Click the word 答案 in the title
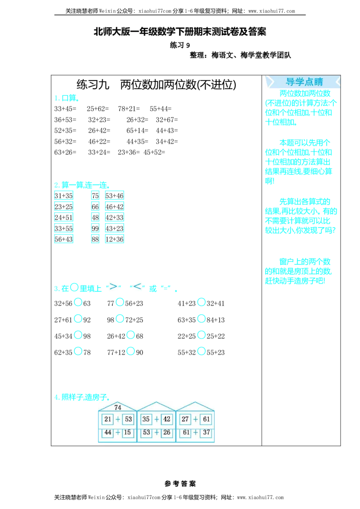[257, 32]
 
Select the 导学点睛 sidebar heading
[304, 82]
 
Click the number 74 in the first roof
[117, 407]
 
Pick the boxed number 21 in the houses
[108, 419]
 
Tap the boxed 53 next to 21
[128, 419]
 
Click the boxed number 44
[108, 432]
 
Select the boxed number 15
[128, 432]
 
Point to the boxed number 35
[146, 419]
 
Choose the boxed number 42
[167, 419]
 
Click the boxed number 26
[167, 432]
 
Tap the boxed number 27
[185, 419]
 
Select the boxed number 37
[206, 432]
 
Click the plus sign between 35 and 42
[156, 419]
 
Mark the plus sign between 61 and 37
[195, 432]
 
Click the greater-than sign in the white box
[113, 286]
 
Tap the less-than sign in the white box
[137, 286]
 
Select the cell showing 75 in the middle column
[95, 196]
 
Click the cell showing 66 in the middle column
[95, 206]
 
